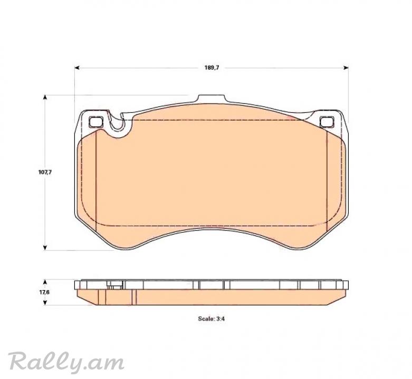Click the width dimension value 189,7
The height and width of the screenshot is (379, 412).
[212, 67]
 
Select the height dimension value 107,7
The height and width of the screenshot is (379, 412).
[45, 172]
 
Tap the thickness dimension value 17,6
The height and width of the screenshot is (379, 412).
[44, 293]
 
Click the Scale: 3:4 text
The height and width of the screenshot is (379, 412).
[211, 319]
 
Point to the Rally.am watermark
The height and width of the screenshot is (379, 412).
[66, 362]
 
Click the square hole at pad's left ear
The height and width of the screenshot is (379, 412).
[95, 122]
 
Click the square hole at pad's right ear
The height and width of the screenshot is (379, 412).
[327, 122]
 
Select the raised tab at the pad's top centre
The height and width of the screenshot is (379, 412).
[212, 98]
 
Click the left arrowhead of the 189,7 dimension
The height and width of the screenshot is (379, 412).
[76, 68]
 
